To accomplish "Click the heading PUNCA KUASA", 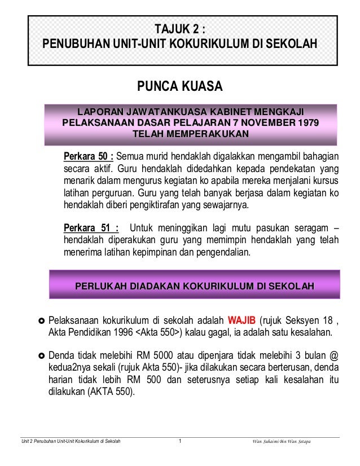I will [x=180, y=87].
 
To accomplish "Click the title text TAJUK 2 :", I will [x=180, y=28].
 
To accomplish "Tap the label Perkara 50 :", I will [x=89, y=156].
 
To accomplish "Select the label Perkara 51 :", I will [x=91, y=228].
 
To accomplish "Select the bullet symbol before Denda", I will [x=41, y=356].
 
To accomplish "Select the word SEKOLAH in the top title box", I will [x=289, y=43].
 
